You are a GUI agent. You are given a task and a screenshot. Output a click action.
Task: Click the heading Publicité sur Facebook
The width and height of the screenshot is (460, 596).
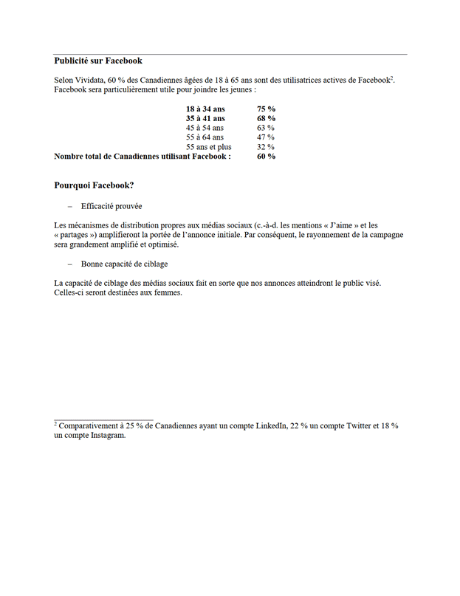click(98, 61)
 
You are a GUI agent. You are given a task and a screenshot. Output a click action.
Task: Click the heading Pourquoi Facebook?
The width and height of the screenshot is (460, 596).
click(94, 185)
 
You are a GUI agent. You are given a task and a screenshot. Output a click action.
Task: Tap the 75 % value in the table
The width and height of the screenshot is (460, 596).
click(266, 109)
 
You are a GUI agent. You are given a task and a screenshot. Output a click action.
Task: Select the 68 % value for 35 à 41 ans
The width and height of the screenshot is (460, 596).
click(266, 118)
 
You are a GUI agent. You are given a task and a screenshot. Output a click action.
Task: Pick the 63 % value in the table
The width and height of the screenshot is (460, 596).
click(266, 128)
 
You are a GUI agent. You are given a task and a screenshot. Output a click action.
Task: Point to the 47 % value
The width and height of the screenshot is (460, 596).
click(266, 137)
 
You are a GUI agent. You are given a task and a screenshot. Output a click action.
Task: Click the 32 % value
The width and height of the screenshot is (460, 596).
click(266, 147)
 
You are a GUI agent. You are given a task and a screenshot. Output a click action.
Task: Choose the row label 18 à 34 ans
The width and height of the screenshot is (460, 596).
click(205, 109)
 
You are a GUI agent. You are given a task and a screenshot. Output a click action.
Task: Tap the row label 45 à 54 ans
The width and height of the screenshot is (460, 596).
click(205, 128)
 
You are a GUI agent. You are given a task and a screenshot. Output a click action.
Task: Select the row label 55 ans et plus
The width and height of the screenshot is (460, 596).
click(208, 147)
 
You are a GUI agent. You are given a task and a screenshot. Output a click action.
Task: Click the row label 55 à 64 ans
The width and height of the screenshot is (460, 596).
click(205, 137)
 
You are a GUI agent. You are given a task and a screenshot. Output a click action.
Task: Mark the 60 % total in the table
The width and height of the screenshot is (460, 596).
click(266, 157)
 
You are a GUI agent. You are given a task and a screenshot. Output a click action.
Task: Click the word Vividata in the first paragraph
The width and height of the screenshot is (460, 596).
click(89, 80)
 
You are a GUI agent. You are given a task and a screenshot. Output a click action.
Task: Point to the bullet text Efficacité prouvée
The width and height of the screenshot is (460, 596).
click(111, 207)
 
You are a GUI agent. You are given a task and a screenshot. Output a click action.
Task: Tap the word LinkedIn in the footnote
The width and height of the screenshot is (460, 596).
click(270, 426)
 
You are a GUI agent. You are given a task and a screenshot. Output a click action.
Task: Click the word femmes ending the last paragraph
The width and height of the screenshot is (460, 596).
click(167, 292)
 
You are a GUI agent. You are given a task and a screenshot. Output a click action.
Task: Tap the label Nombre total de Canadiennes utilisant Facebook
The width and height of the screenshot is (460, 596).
click(143, 157)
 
